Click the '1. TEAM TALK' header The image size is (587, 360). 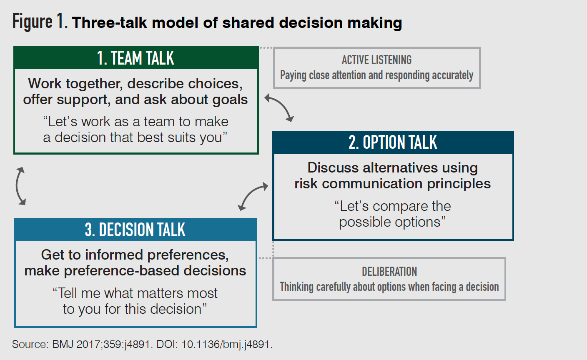[x=135, y=58]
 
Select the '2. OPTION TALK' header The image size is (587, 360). [x=393, y=142]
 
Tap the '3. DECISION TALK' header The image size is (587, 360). [x=135, y=230]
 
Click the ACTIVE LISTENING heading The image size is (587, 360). [x=376, y=60]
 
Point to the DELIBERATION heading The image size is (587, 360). [x=389, y=272]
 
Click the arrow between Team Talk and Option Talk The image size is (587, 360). [x=279, y=107]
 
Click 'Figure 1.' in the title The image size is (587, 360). [x=40, y=22]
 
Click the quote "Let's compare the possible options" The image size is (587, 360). [x=392, y=214]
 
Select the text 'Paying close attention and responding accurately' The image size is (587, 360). [x=376, y=75]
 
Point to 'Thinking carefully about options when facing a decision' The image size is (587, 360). [x=389, y=287]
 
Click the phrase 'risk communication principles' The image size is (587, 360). [x=392, y=184]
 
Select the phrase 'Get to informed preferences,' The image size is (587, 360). [x=135, y=255]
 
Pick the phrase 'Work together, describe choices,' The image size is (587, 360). [x=135, y=84]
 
